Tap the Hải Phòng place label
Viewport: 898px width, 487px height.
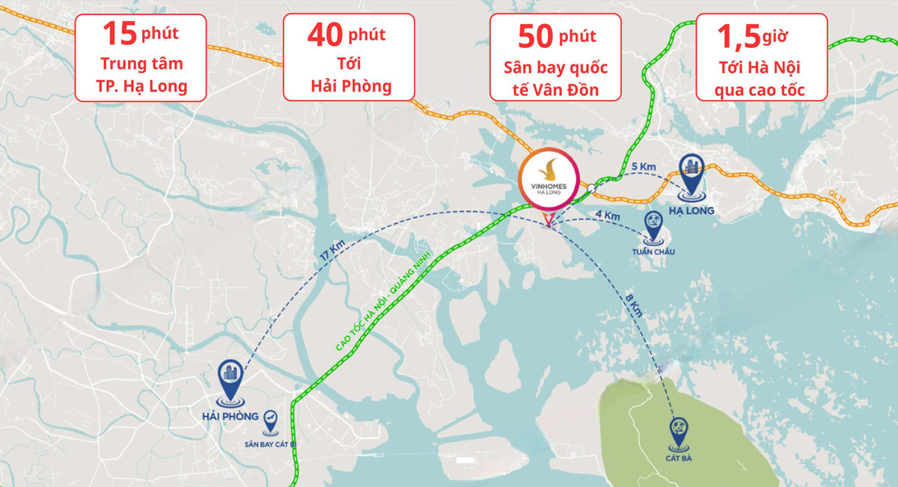coord(230,417)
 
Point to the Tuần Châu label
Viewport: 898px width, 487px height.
coord(653,252)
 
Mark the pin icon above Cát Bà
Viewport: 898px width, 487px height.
coord(679,430)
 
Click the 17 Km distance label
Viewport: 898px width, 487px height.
coord(330,252)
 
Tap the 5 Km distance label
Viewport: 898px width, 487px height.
coord(644,166)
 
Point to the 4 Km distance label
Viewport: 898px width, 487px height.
coord(608,216)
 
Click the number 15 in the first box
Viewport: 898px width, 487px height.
coord(120,34)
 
